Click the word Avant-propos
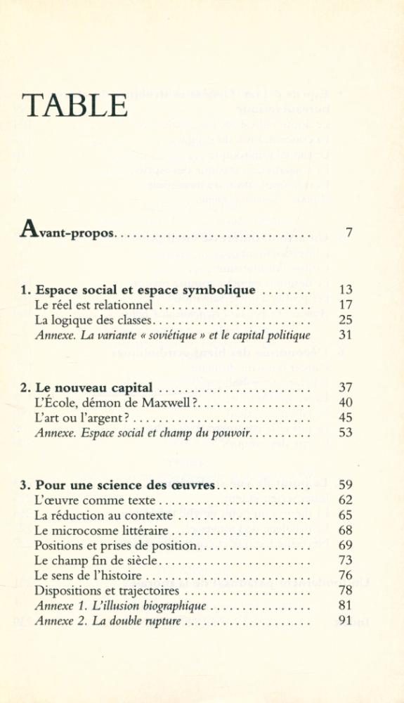(x=68, y=232)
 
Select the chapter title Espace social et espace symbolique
(x=145, y=290)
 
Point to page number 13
(x=345, y=290)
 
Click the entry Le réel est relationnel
(x=93, y=305)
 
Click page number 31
(x=345, y=335)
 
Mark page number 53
(x=345, y=432)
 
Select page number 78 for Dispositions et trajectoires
(x=345, y=591)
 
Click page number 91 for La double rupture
(x=345, y=621)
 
